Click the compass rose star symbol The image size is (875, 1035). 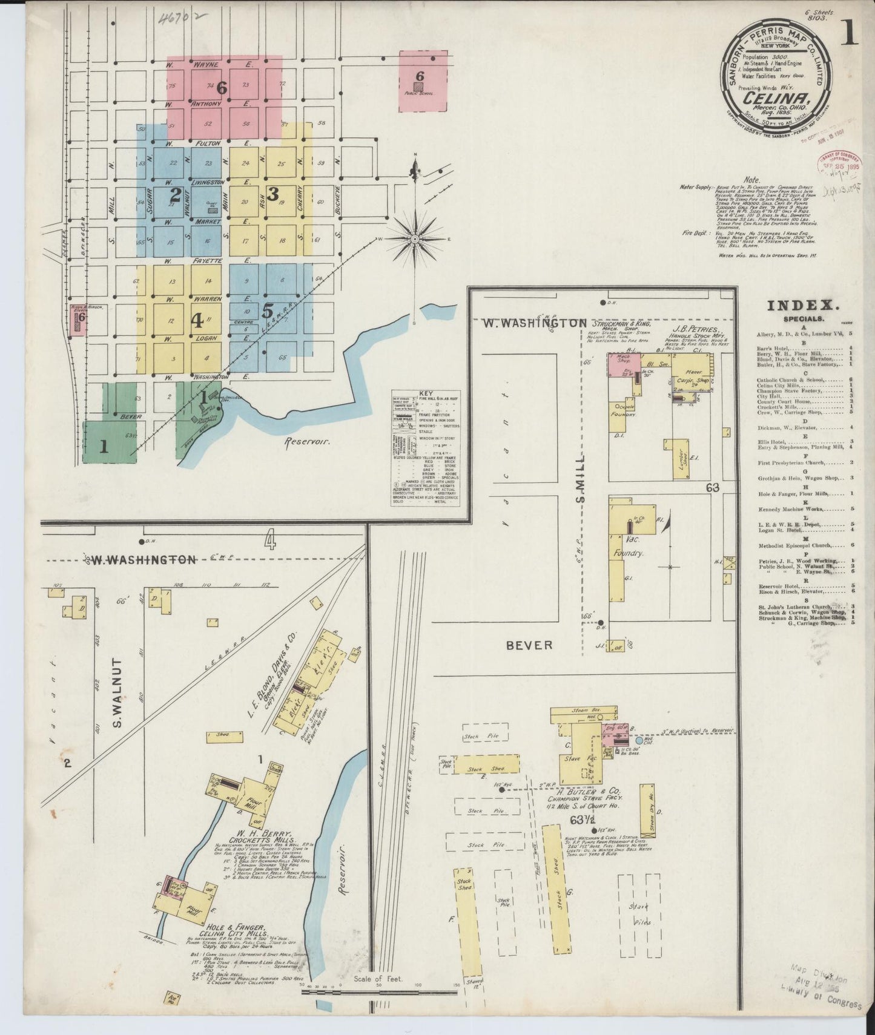point(415,240)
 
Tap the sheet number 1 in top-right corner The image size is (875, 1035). point(850,36)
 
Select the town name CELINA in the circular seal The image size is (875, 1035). point(768,97)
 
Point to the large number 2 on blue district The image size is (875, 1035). point(176,195)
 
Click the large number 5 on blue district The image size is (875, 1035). point(267,311)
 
